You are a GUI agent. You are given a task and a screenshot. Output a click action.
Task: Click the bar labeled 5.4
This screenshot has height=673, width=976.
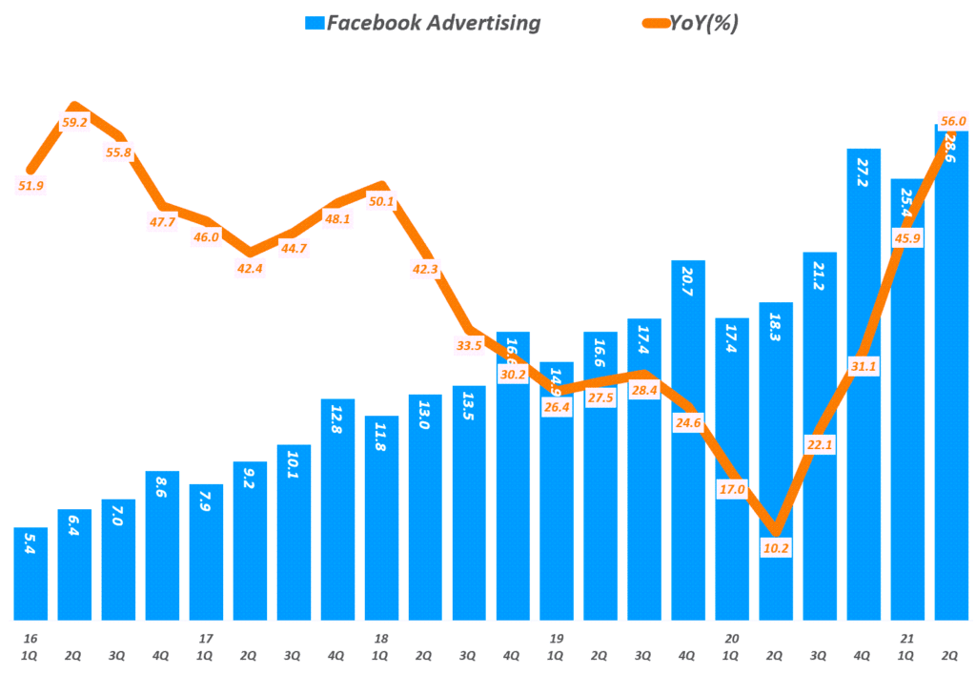click(30, 572)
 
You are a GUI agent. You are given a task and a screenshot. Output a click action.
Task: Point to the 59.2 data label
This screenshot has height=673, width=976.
click(74, 122)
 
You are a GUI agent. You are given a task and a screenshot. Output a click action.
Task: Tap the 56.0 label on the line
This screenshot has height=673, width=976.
click(952, 121)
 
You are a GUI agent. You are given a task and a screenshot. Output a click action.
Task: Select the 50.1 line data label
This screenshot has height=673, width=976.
click(382, 201)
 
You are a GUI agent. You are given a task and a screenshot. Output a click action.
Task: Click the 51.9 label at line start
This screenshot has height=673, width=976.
click(30, 186)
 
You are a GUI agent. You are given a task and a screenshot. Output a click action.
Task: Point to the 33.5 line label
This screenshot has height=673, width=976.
click(469, 345)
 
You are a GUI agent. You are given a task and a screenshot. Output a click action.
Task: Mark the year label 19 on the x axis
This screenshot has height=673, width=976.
click(556, 638)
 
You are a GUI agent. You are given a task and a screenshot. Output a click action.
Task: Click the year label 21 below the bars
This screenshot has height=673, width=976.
click(907, 638)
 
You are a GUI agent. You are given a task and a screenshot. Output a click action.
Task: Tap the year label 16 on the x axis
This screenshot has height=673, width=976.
click(30, 638)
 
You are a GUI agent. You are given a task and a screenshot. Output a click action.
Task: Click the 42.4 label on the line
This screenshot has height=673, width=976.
click(250, 269)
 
